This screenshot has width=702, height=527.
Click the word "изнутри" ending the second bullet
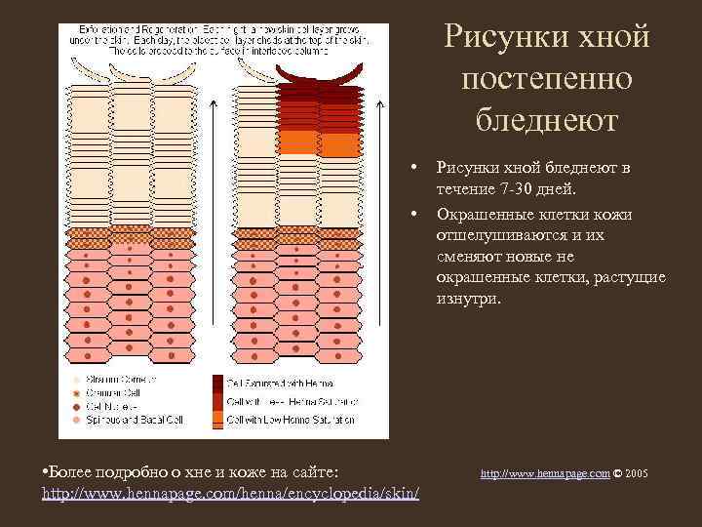pyautogui.click(x=468, y=298)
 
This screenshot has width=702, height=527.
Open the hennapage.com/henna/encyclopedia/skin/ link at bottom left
pyautogui.click(x=232, y=495)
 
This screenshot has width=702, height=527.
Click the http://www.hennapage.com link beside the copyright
pyautogui.click(x=545, y=473)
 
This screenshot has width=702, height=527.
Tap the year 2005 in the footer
pyautogui.click(x=637, y=473)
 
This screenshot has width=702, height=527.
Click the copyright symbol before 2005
pyautogui.click(x=618, y=473)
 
